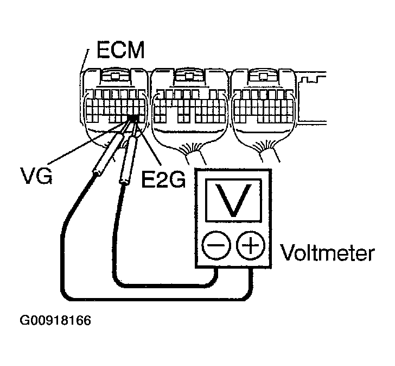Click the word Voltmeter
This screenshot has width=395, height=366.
[x=327, y=253]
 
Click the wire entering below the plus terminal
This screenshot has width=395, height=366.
[x=251, y=283]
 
